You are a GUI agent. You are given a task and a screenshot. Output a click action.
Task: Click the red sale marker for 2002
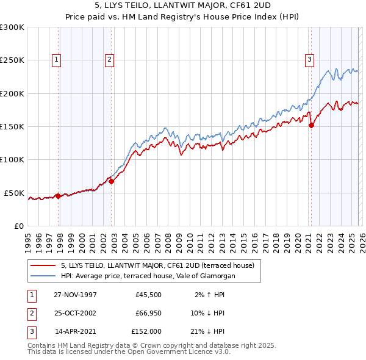(x=111, y=181)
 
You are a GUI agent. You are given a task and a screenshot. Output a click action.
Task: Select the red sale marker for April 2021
(x=311, y=126)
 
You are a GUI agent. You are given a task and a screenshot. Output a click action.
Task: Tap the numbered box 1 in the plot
(x=56, y=60)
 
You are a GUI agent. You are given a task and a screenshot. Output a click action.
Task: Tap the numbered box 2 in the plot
(x=109, y=60)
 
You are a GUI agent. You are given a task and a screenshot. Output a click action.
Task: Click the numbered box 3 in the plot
(x=309, y=60)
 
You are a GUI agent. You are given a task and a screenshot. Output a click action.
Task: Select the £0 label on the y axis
(x=17, y=226)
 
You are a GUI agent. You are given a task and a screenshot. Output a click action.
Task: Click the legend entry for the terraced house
(x=161, y=265)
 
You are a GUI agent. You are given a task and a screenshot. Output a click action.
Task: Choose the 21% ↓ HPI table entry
(x=209, y=332)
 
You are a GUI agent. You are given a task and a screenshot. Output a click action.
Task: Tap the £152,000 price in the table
(x=146, y=332)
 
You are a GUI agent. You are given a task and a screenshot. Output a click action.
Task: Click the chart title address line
(x=183, y=7)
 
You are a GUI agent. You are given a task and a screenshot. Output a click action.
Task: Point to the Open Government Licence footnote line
(x=129, y=352)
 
